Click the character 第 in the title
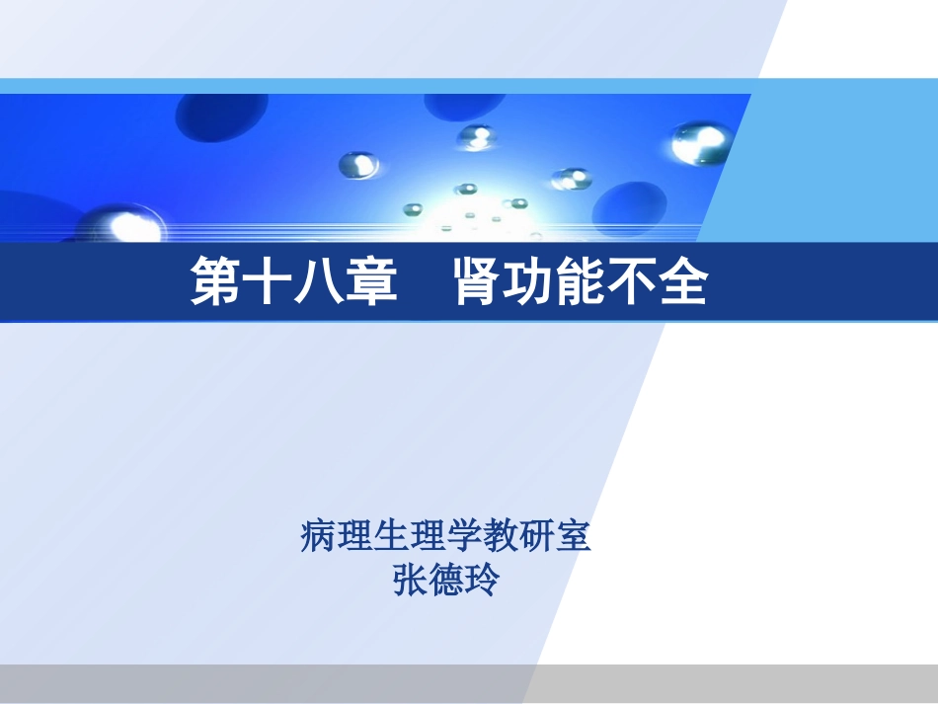[217, 283]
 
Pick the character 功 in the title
[529, 283]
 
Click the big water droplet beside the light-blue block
[700, 144]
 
